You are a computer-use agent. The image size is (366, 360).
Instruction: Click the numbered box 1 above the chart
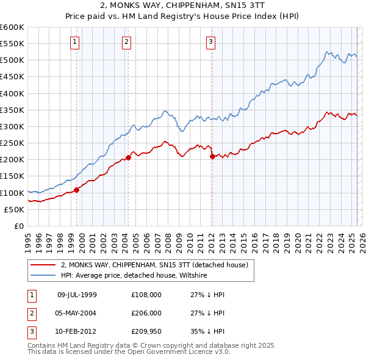pyautogui.click(x=74, y=42)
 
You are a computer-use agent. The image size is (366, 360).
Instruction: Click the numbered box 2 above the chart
pyautogui.click(x=126, y=42)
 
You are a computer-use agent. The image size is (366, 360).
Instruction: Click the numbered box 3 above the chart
pyautogui.click(x=210, y=42)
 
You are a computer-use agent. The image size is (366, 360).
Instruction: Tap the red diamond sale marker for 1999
pyautogui.click(x=77, y=190)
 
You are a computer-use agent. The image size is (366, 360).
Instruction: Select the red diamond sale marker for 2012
pyautogui.click(x=212, y=156)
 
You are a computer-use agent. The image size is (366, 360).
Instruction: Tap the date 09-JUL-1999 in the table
pyautogui.click(x=77, y=295)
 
